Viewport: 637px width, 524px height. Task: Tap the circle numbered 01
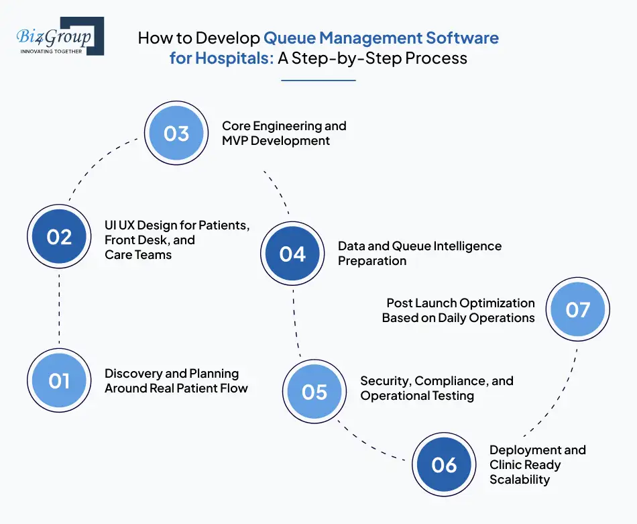(59, 381)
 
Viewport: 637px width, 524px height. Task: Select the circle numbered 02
(59, 237)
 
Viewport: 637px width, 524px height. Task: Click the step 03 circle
(176, 134)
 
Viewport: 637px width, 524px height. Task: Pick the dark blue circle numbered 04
(292, 254)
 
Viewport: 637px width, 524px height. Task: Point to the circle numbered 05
(314, 391)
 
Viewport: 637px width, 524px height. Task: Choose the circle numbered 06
(444, 465)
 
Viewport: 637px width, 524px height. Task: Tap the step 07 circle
(577, 309)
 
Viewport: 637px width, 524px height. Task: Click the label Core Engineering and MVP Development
(284, 133)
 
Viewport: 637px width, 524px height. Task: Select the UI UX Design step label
(177, 240)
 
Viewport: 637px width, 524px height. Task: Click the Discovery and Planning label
(176, 380)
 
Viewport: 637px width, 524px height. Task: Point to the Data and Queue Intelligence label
(419, 253)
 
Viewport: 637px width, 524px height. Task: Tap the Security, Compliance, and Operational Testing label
(437, 388)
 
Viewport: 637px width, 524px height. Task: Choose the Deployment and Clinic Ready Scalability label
(537, 464)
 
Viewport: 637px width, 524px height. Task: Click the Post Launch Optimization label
(459, 310)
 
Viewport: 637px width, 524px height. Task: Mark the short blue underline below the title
(318, 81)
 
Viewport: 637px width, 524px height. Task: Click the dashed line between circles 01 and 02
(59, 309)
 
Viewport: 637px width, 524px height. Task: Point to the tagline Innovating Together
(51, 51)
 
